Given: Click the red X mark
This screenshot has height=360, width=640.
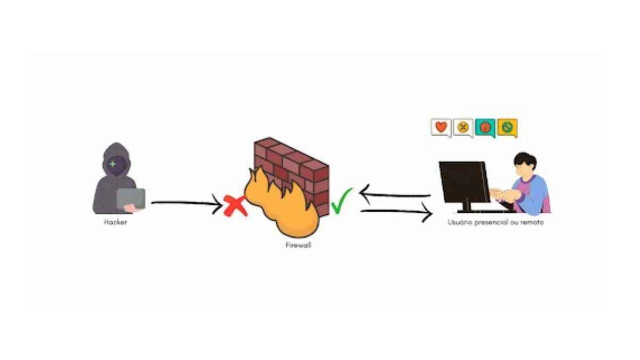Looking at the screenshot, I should point(235,205).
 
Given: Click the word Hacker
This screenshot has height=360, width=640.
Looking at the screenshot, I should point(115,222).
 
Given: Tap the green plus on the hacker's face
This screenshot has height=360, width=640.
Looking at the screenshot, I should point(112,164).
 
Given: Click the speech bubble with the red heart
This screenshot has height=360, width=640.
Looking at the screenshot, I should point(441,127).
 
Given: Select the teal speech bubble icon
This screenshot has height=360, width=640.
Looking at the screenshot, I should point(485,127).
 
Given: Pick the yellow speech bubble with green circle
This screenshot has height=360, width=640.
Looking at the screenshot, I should point(507,127).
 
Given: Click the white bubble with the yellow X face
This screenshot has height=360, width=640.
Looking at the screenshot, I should point(463,127).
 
